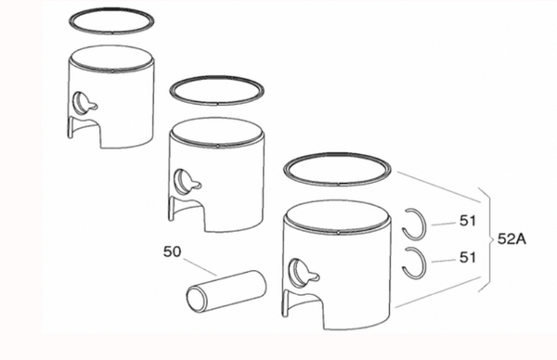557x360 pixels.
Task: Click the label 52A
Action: (x=512, y=239)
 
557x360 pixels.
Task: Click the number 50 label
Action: (x=173, y=251)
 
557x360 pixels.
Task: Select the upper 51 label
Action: (x=468, y=221)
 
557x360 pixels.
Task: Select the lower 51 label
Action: (x=468, y=257)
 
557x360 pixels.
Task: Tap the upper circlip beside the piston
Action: (x=424, y=224)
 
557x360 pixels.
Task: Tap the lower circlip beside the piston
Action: (x=424, y=263)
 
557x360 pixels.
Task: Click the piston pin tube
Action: (x=227, y=291)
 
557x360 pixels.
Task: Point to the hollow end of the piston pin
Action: (x=196, y=300)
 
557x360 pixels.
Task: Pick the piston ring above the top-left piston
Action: (x=111, y=32)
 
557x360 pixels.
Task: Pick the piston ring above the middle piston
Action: (x=216, y=103)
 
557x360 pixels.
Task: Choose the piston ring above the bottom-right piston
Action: (x=338, y=184)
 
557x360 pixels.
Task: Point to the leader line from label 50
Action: (x=200, y=266)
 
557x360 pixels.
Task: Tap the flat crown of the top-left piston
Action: (x=112, y=57)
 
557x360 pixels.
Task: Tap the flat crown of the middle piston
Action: (x=216, y=132)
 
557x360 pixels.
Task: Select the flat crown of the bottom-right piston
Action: (x=338, y=215)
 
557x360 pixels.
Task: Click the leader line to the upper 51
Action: (x=444, y=224)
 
